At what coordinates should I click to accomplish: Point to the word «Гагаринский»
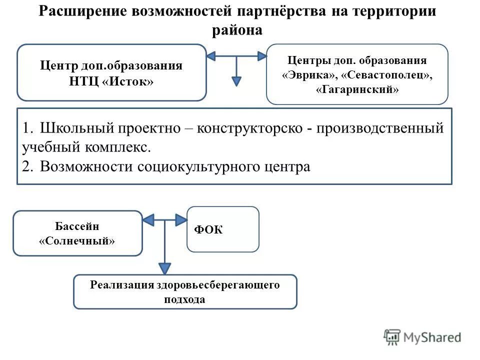coord(357,90)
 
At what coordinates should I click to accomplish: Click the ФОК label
coord(208,229)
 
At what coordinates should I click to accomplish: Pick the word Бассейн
coord(77,226)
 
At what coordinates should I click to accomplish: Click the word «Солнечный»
coord(77,240)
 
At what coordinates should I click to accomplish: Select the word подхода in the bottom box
coord(184,299)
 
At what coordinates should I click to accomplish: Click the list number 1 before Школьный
coord(26,128)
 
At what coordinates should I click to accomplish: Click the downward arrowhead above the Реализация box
coord(164,268)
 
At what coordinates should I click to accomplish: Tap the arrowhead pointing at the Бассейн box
coord(148,219)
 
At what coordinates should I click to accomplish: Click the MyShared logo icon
coord(392,337)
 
